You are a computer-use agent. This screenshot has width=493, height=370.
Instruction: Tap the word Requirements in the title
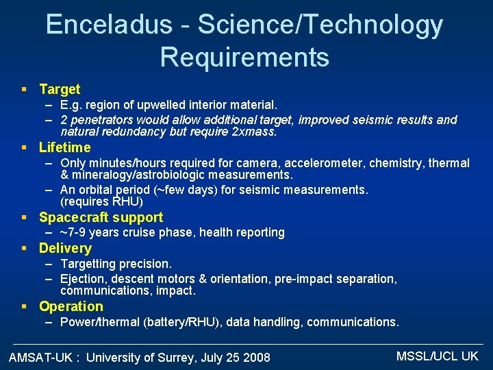pyautogui.click(x=244, y=57)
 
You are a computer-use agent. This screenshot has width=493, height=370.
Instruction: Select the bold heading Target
pyautogui.click(x=60, y=89)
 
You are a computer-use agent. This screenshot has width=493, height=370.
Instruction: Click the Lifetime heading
pyautogui.click(x=64, y=147)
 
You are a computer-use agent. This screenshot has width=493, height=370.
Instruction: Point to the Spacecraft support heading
pyautogui.click(x=101, y=217)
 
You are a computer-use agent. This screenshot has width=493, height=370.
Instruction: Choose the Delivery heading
pyautogui.click(x=65, y=248)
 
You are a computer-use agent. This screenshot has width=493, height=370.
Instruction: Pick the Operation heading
pyautogui.click(x=71, y=306)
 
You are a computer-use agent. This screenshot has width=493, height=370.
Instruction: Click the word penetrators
pyautogui.click(x=98, y=120)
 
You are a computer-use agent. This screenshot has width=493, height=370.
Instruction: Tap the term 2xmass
pyautogui.click(x=254, y=132)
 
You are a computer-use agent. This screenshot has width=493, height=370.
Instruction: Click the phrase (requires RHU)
pyautogui.click(x=101, y=201)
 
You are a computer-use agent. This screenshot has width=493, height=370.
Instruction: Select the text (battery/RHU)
pyautogui.click(x=181, y=322)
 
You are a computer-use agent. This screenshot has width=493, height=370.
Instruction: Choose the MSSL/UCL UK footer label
pyautogui.click(x=437, y=356)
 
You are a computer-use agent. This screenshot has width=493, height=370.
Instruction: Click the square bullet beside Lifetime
pyautogui.click(x=24, y=147)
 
